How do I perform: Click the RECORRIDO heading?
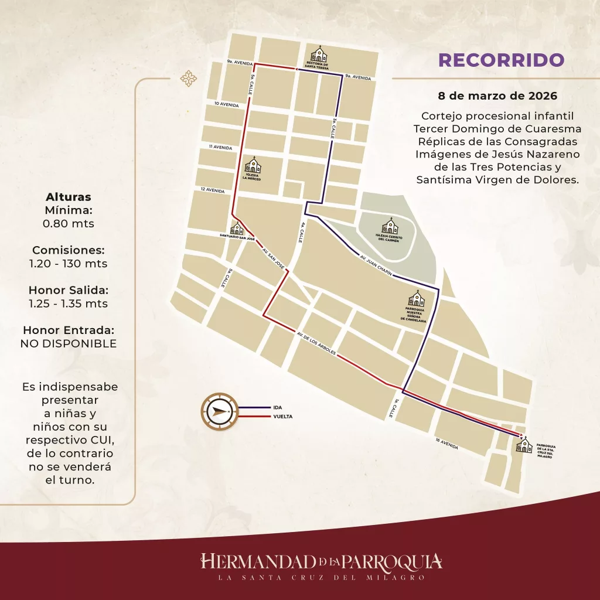pyautogui.click(x=501, y=60)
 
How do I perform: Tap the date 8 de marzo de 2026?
pyautogui.click(x=497, y=94)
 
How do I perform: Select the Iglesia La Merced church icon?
pyautogui.click(x=253, y=164)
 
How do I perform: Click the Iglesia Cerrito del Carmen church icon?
pyautogui.click(x=390, y=226)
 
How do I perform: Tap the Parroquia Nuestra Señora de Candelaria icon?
pyautogui.click(x=418, y=298)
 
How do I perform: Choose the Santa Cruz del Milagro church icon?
pyautogui.click(x=523, y=445)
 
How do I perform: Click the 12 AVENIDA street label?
pyautogui.click(x=212, y=190)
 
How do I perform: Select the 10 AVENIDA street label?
pyautogui.click(x=227, y=104)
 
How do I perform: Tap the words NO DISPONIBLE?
pyautogui.click(x=68, y=343)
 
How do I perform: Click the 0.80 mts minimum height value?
pyautogui.click(x=68, y=223)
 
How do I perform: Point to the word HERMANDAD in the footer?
pyautogui.click(x=257, y=561)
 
